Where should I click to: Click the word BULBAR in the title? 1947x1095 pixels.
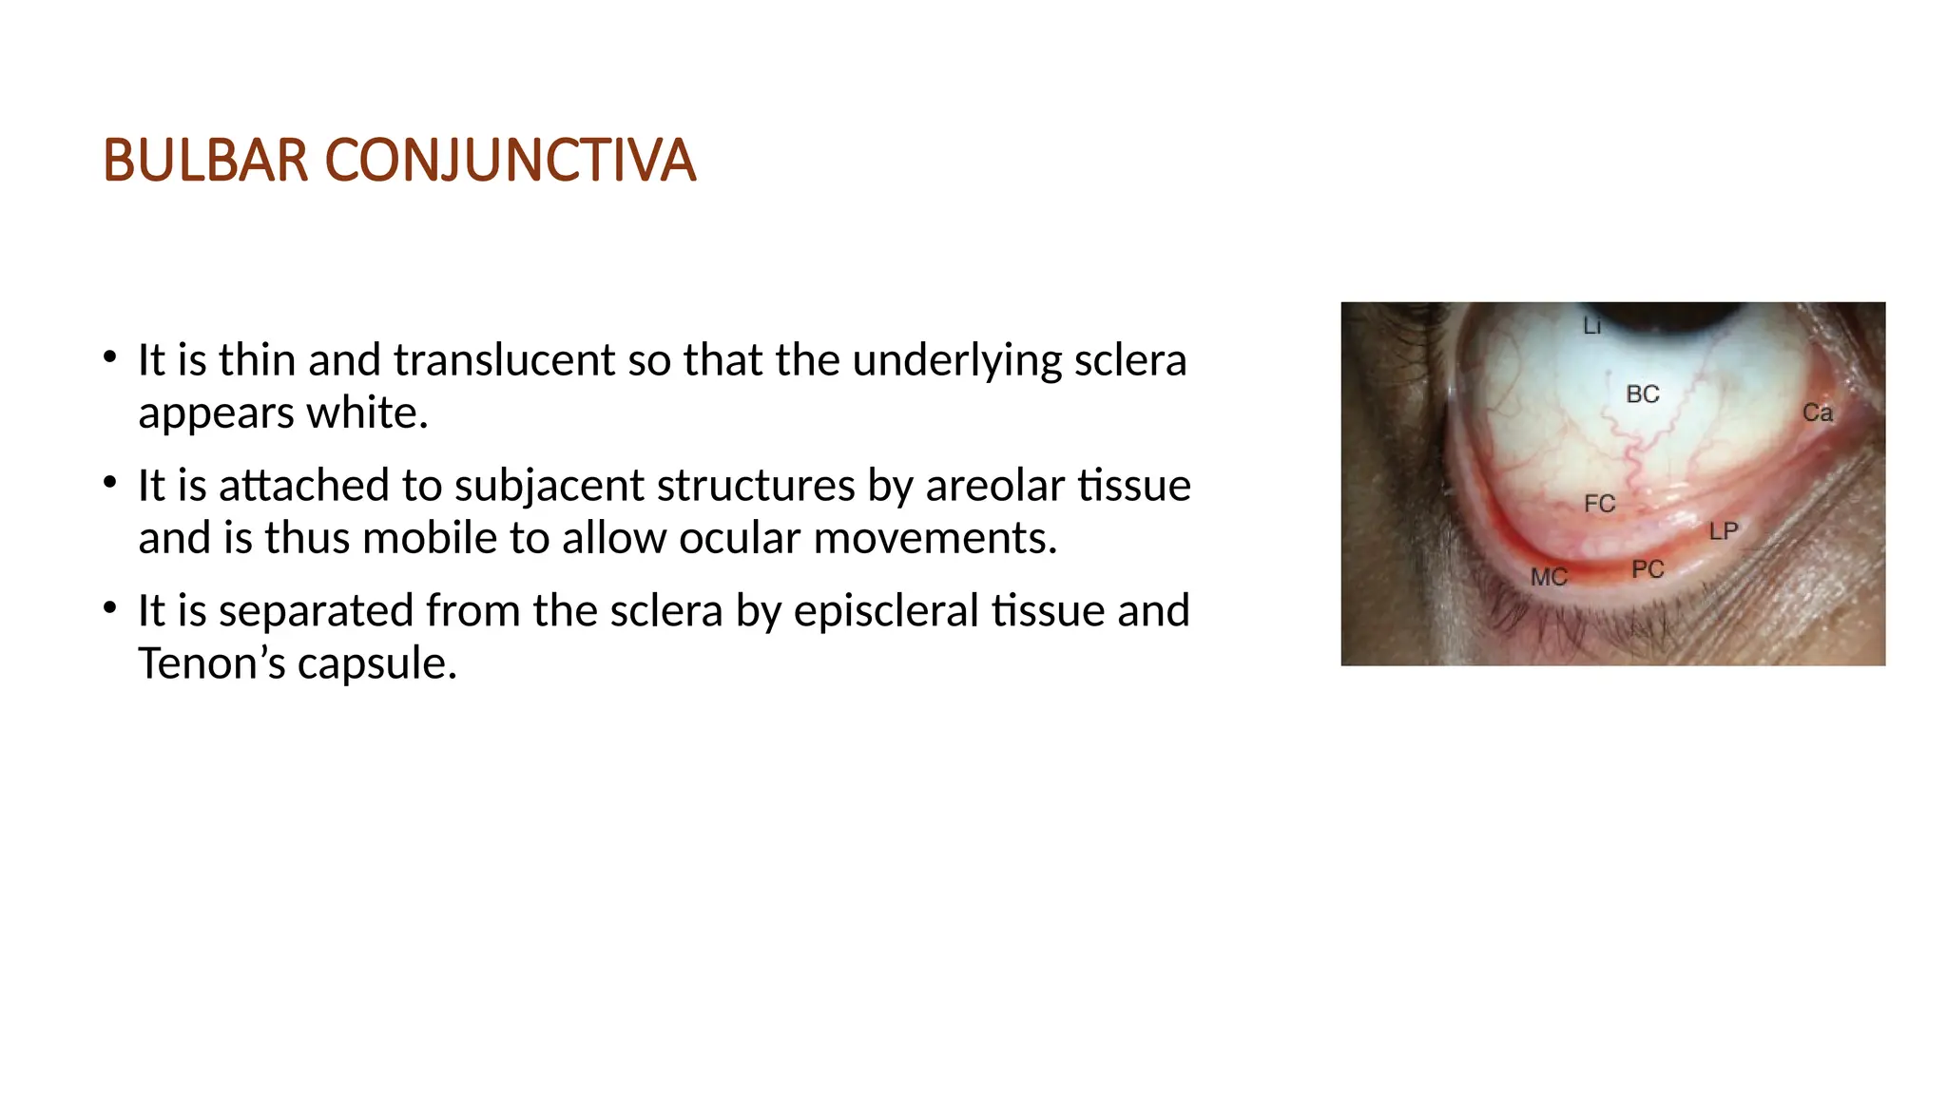[x=205, y=161]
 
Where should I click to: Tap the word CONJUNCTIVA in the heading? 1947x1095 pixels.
[x=511, y=161]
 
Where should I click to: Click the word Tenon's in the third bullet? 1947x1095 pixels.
[x=211, y=663]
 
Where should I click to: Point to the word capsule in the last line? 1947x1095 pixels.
[x=376, y=663]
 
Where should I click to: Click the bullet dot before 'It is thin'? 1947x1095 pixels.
[x=110, y=358]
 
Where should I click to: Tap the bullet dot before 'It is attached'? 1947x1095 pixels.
[x=110, y=484]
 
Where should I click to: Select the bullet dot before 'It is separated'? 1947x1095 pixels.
[x=110, y=608]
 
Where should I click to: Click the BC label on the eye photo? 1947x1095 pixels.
[x=1642, y=394]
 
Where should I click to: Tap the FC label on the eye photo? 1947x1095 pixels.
[x=1600, y=504]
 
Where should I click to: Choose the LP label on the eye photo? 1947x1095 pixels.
[x=1723, y=531]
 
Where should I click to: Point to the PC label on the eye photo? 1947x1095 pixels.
[x=1648, y=569]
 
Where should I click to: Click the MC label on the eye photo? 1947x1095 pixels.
[x=1548, y=577]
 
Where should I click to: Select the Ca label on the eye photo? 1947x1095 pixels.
[x=1817, y=413]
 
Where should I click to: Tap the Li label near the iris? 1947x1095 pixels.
[x=1591, y=327]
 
